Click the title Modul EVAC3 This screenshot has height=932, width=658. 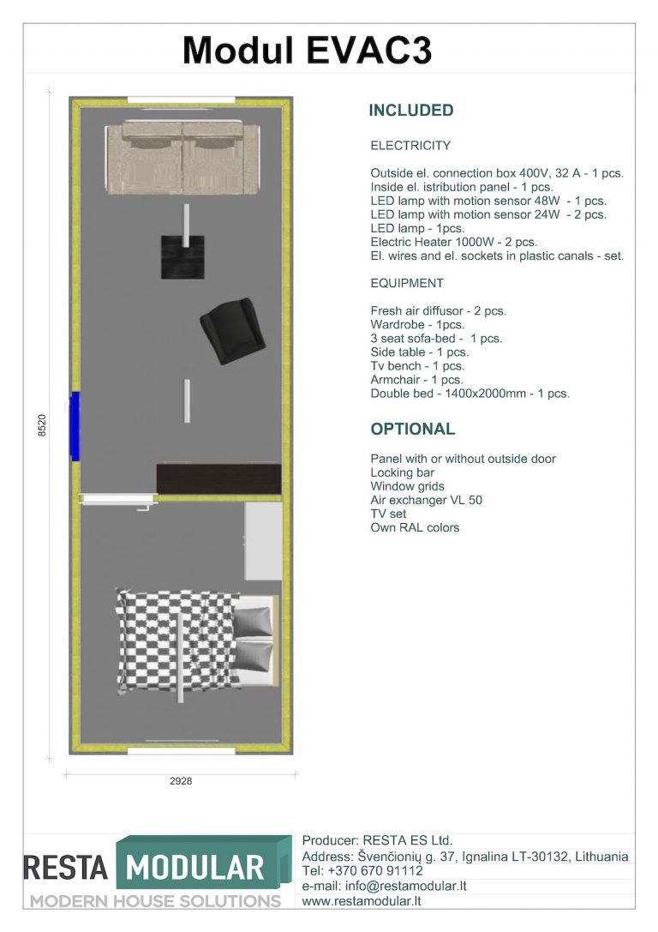(307, 50)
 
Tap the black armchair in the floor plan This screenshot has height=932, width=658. (232, 331)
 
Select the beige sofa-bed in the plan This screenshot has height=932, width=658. (182, 158)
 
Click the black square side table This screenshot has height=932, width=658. (182, 256)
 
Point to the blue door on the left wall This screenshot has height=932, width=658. (75, 425)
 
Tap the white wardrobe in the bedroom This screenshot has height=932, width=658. (264, 541)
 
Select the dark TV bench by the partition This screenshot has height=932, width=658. (219, 479)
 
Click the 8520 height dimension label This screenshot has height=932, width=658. (42, 425)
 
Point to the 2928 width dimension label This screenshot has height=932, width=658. (181, 781)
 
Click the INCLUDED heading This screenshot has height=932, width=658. (411, 111)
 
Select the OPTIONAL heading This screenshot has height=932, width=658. (413, 430)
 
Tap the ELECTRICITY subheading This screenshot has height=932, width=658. (410, 146)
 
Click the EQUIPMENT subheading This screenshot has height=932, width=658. (407, 284)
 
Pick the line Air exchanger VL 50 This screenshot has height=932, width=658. (427, 500)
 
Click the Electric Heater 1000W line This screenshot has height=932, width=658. (454, 242)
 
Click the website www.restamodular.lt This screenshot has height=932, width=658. (362, 901)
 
